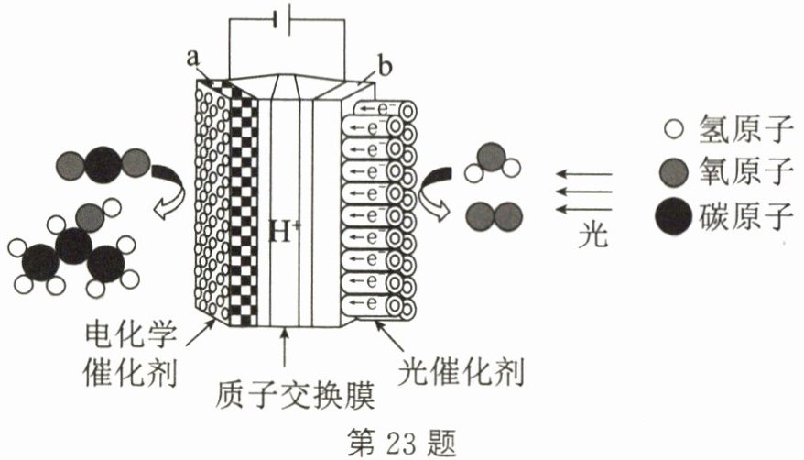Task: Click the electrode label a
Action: [x=193, y=58]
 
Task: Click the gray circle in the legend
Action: [x=676, y=174]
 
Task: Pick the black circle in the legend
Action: [x=676, y=218]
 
